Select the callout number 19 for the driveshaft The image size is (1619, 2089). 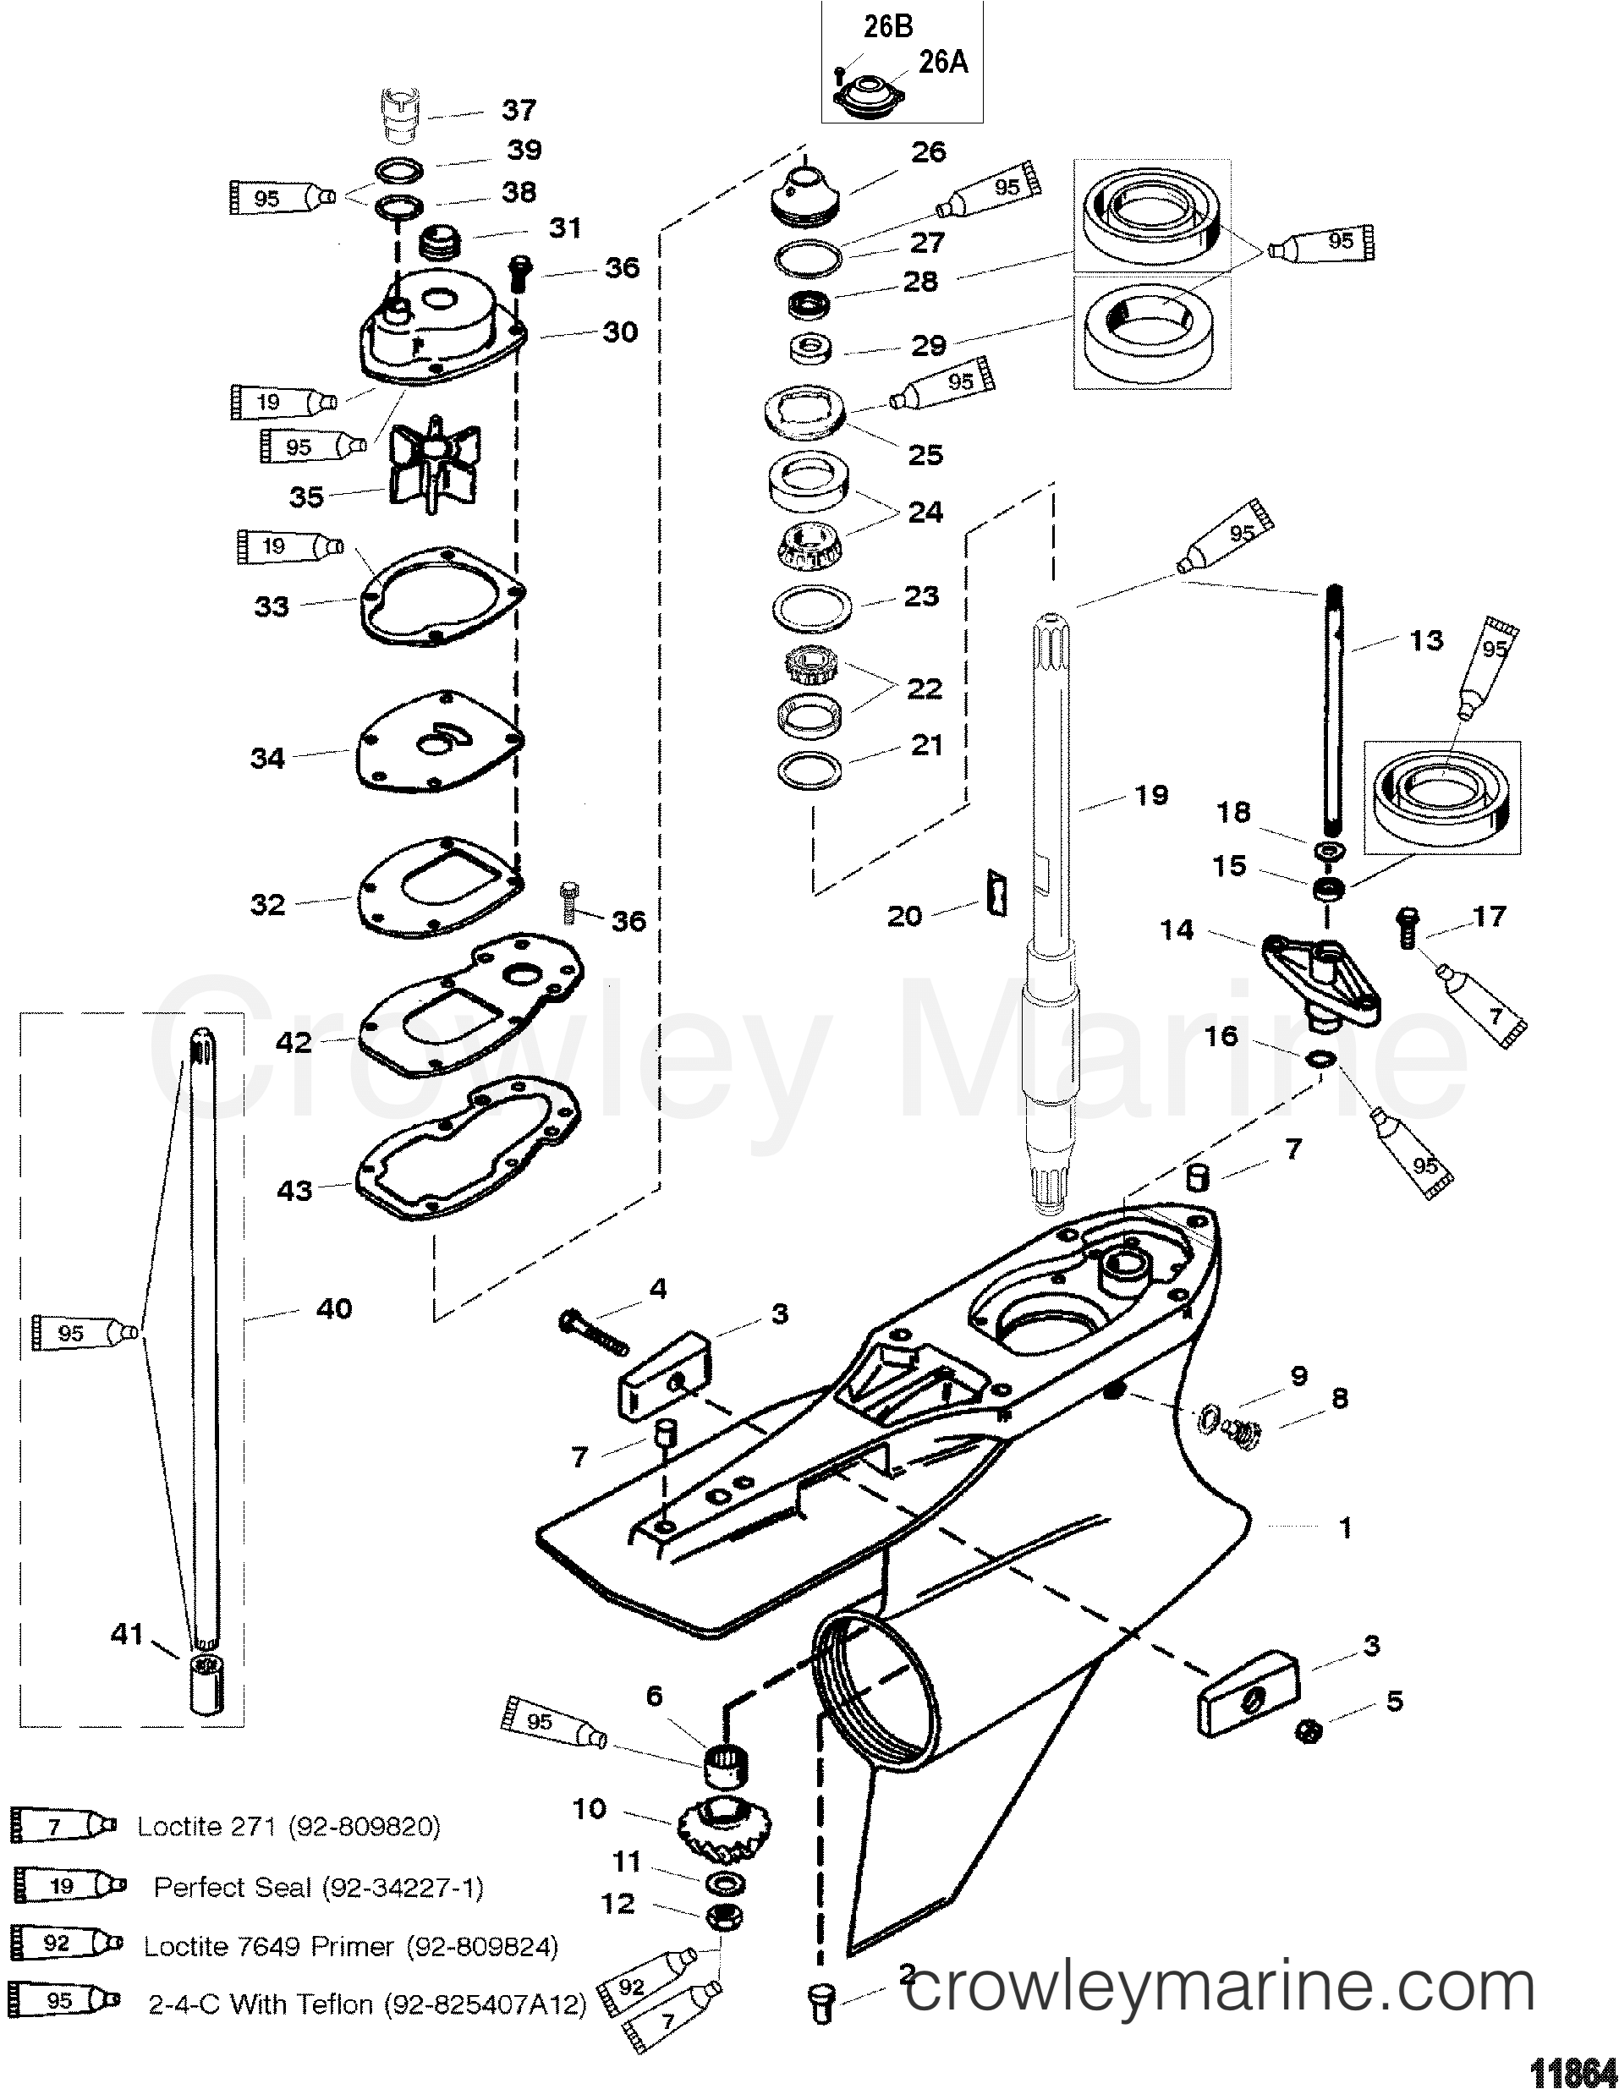[1152, 795]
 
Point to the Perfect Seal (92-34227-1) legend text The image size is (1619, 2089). [319, 1887]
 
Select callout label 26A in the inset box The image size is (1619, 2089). [942, 63]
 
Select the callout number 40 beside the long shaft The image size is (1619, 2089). [334, 1308]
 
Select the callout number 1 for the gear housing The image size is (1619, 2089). [1344, 1528]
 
